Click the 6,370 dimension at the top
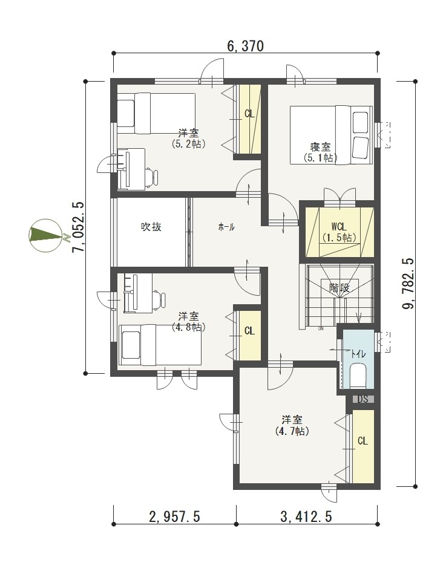pyautogui.click(x=245, y=46)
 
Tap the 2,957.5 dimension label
pyautogui.click(x=174, y=517)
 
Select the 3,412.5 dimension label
pyautogui.click(x=306, y=517)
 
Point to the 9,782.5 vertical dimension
pyautogui.click(x=409, y=284)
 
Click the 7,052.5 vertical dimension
pyautogui.click(x=79, y=227)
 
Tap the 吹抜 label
pyautogui.click(x=151, y=227)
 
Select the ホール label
pyautogui.click(x=226, y=227)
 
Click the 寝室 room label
pyautogui.click(x=320, y=147)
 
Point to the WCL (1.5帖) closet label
pyautogui.click(x=339, y=232)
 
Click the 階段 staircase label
pyautogui.click(x=339, y=287)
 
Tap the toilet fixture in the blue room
pyautogui.click(x=358, y=376)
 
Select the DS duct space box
pyautogui.click(x=363, y=399)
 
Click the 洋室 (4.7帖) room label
pyautogui.click(x=292, y=425)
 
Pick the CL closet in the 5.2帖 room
pyautogui.click(x=250, y=119)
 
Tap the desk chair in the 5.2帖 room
pyautogui.click(x=151, y=177)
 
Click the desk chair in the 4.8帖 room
pyautogui.click(x=159, y=299)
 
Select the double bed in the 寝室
pyautogui.click(x=331, y=135)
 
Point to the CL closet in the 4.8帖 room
pyautogui.click(x=250, y=336)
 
